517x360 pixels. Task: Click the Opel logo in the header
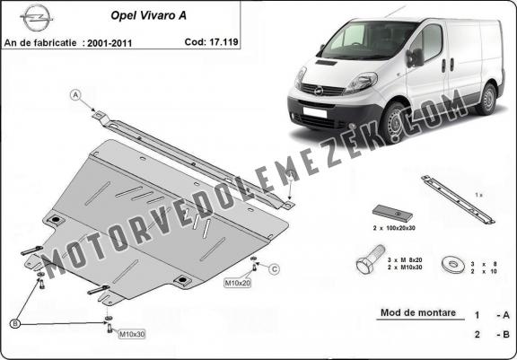[36, 18]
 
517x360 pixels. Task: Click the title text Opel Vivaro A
[148, 15]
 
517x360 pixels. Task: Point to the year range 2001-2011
[110, 43]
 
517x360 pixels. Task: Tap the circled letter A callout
[75, 95]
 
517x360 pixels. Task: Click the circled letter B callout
[15, 324]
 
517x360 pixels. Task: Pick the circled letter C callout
[274, 269]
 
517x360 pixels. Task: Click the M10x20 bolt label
[237, 283]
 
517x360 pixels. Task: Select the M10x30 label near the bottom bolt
[132, 334]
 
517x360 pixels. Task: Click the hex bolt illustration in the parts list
[371, 259]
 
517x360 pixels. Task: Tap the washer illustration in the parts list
[453, 264]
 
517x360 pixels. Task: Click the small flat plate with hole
[392, 213]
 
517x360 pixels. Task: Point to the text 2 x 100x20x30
[394, 228]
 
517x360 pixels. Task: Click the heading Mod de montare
[418, 312]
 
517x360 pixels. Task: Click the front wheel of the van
[394, 123]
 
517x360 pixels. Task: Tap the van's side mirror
[416, 57]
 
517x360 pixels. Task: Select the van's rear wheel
[486, 99]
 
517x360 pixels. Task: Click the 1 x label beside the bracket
[478, 195]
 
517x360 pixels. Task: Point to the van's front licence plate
[314, 112]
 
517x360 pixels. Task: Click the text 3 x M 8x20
[405, 260]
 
